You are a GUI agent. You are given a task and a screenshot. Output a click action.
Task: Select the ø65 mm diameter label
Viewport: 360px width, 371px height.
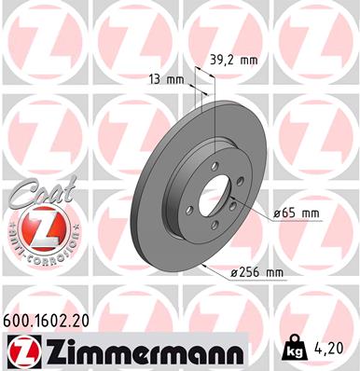(297, 213)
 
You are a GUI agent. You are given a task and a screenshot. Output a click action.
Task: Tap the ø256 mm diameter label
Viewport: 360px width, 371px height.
(256, 272)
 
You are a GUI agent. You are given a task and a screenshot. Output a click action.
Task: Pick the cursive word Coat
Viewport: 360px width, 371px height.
(34, 197)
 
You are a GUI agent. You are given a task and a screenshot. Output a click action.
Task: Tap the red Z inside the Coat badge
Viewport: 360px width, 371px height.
(34, 227)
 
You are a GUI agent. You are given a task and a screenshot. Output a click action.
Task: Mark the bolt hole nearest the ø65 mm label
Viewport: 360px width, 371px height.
(238, 205)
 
